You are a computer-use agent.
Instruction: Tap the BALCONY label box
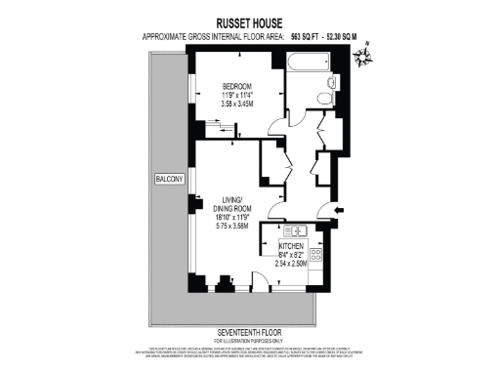pyautogui.click(x=168, y=179)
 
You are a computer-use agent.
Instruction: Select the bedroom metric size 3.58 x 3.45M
pyautogui.click(x=237, y=103)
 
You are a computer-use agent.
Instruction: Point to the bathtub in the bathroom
pyautogui.click(x=310, y=64)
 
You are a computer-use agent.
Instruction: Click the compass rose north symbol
pyautogui.click(x=364, y=60)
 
